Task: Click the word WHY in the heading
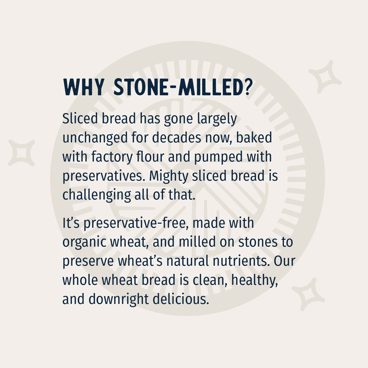click(x=84, y=87)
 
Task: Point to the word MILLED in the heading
click(x=210, y=87)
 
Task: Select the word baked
click(x=254, y=138)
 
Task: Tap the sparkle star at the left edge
click(x=22, y=153)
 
